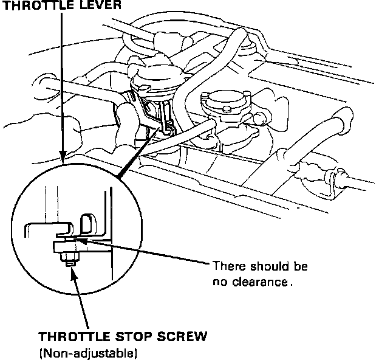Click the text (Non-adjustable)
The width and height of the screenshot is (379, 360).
[88, 352]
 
